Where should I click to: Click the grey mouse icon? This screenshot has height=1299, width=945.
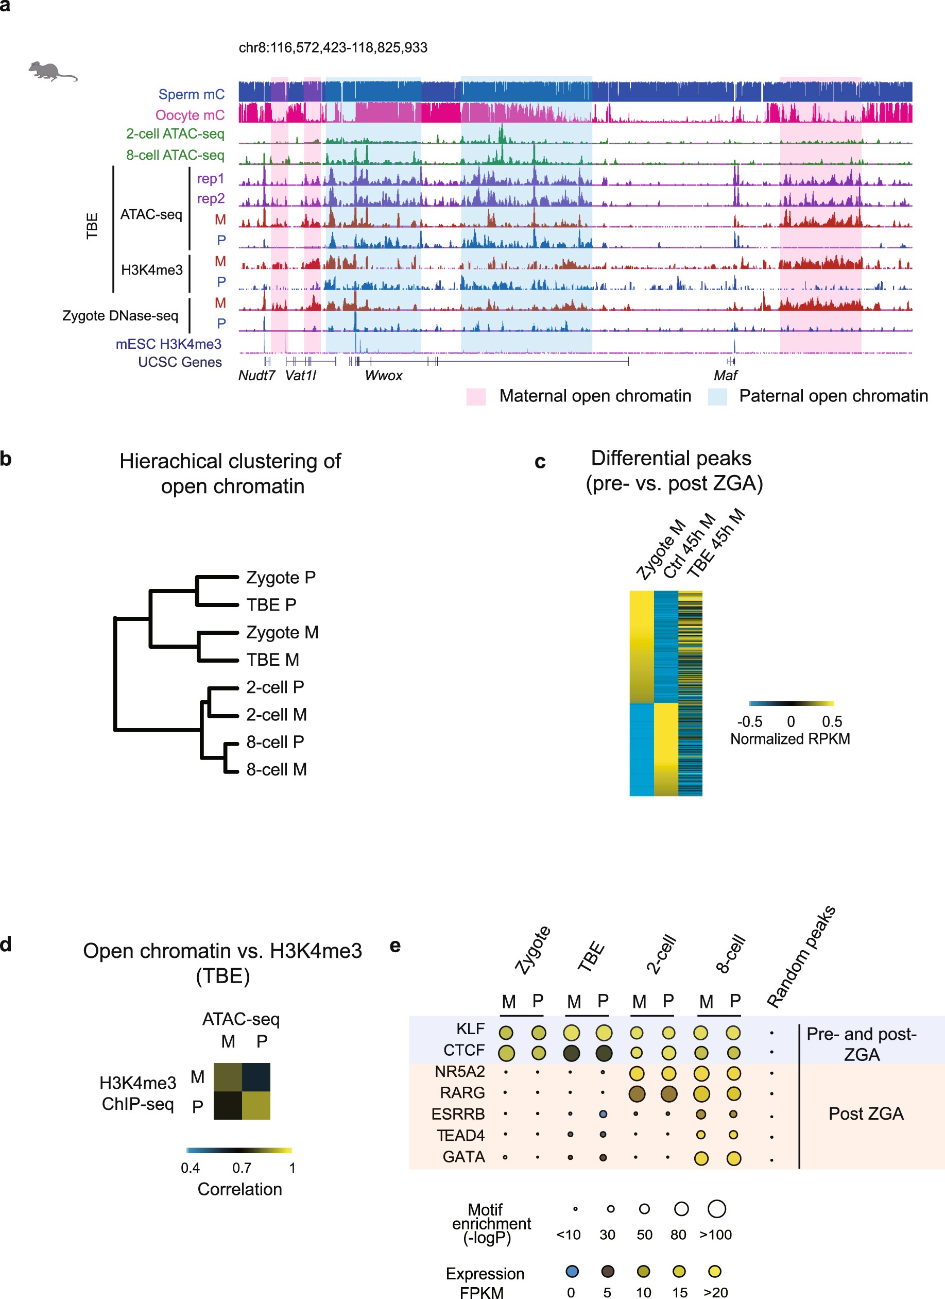[51, 71]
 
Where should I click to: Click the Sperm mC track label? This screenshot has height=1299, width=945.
[191, 94]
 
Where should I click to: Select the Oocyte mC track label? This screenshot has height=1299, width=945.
[190, 115]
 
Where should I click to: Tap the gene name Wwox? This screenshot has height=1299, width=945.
[384, 376]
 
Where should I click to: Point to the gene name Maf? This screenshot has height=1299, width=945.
[725, 376]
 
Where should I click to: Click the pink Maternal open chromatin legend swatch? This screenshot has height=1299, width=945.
[476, 396]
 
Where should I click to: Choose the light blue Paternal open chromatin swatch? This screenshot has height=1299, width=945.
[717, 396]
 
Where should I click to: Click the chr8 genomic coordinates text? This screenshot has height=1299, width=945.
[333, 47]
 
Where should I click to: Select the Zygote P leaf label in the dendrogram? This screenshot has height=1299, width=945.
[281, 577]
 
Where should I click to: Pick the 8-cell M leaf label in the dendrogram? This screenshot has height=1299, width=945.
[277, 769]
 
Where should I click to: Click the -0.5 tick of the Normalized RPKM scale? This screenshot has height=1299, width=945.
[749, 722]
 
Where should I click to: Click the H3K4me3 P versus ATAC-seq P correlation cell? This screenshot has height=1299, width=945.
[256, 1105]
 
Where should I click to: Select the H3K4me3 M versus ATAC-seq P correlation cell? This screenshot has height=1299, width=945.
[256, 1077]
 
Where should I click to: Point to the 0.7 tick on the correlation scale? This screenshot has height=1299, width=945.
[242, 1168]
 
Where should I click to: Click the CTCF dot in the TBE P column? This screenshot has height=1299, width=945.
[603, 1053]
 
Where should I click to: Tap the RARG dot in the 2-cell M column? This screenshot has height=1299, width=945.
[637, 1094]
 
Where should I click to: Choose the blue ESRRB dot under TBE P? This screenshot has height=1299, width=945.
[603, 1115]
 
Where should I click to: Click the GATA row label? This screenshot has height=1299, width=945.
[463, 1157]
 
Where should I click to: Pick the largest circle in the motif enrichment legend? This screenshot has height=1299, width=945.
[717, 1208]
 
